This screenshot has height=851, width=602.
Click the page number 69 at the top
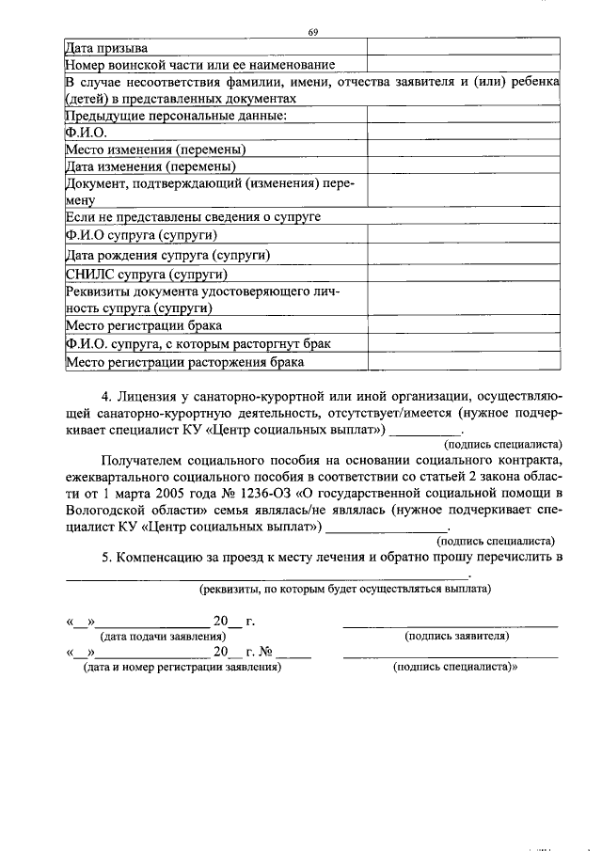point(313,33)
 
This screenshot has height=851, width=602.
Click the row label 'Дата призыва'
point(105,47)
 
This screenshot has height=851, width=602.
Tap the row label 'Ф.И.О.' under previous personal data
point(87,133)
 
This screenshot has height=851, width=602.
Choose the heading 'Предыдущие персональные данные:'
point(175,116)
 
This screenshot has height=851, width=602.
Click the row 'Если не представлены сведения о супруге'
point(193,216)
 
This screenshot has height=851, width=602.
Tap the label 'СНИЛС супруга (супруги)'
point(147,275)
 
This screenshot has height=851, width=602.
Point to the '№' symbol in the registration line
point(265,651)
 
